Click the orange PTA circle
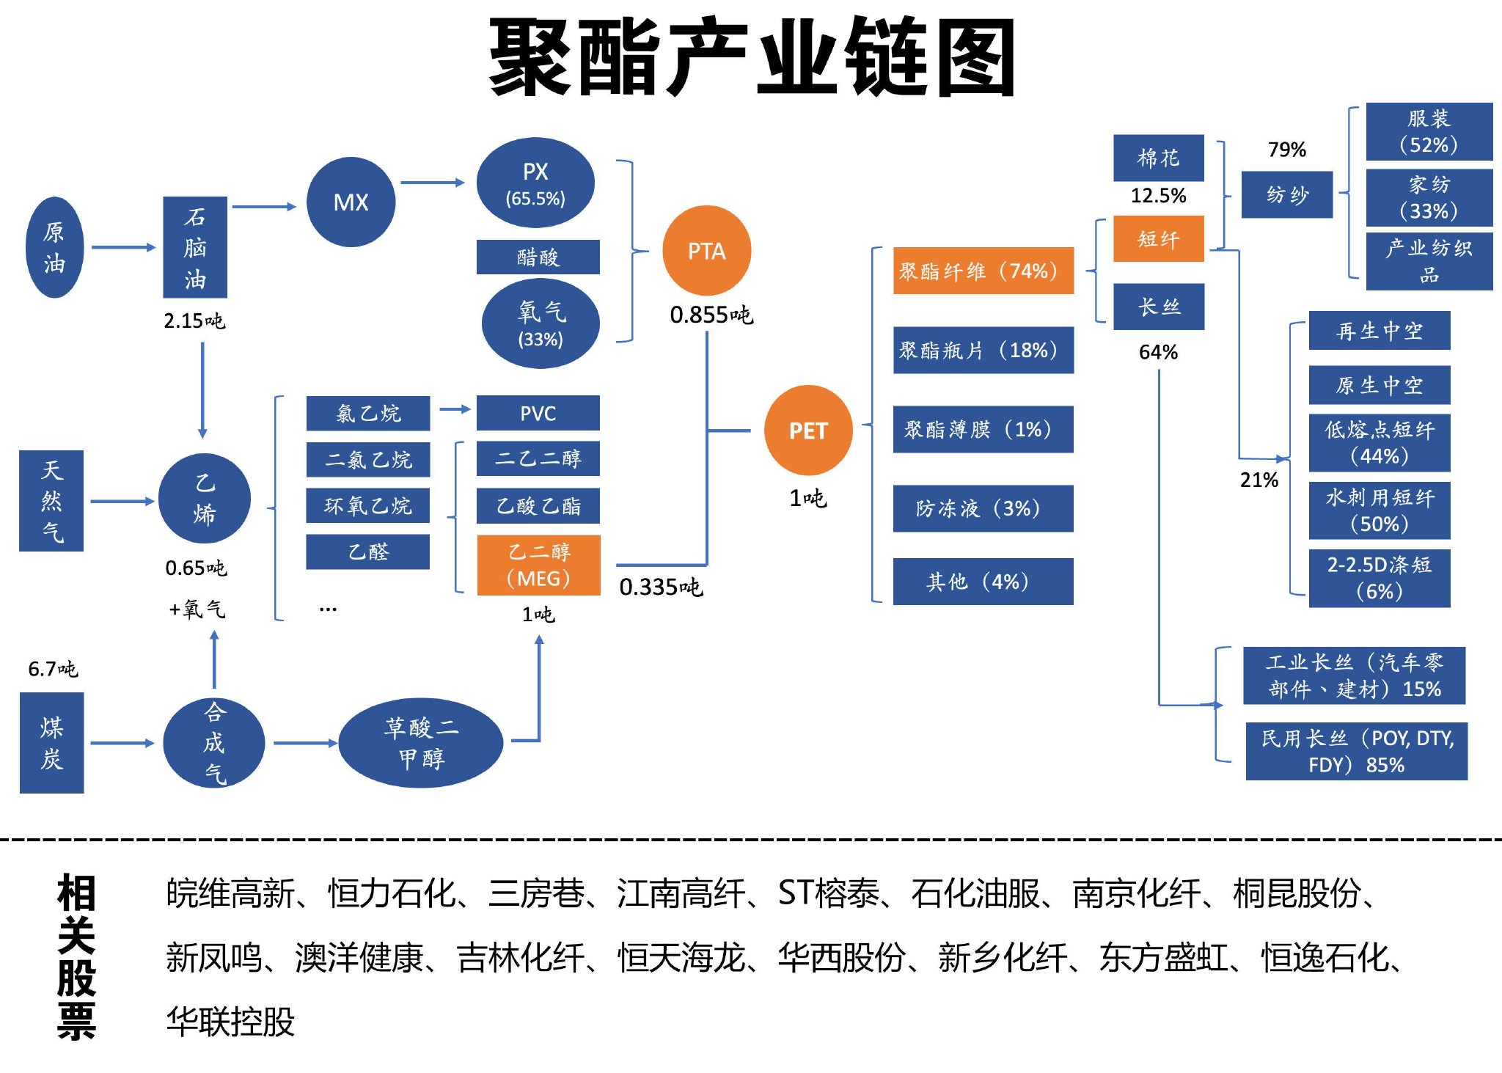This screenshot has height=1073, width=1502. click(706, 251)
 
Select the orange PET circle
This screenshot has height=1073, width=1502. click(807, 431)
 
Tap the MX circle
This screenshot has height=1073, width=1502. click(351, 202)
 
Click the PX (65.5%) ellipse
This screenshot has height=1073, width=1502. click(535, 183)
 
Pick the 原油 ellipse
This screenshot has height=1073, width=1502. click(54, 247)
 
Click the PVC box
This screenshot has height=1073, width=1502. click(538, 413)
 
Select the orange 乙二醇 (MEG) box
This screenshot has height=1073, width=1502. click(538, 565)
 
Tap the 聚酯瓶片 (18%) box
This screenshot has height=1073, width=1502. click(983, 350)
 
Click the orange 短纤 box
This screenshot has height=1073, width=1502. click(1158, 238)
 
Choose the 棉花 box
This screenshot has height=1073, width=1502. click(1158, 158)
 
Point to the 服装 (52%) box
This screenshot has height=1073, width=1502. click(1429, 132)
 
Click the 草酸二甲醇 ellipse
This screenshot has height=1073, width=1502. click(421, 742)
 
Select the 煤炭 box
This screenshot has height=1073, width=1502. click(51, 742)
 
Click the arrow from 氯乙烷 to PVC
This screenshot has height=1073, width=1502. click(455, 409)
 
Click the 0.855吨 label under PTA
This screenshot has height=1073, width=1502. click(711, 315)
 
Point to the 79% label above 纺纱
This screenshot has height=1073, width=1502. click(1286, 150)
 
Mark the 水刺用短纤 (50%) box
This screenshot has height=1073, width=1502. click(1379, 510)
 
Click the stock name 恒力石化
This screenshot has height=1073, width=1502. click(392, 893)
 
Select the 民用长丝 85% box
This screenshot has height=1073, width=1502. click(1356, 751)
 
